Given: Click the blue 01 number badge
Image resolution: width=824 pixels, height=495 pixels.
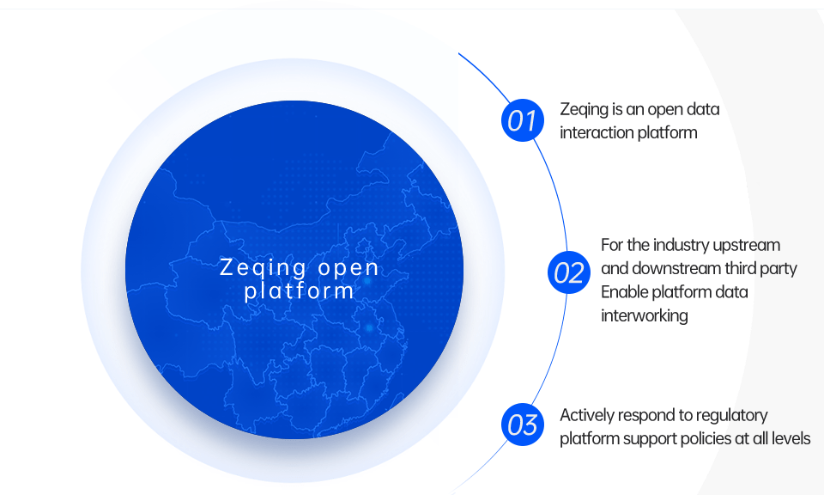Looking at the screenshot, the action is [x=523, y=120].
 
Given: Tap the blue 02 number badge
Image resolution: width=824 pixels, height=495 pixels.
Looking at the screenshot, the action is [x=568, y=272].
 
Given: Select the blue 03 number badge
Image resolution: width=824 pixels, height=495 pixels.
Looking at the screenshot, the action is [x=523, y=425].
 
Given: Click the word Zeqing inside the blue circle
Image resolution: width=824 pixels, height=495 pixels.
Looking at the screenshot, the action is [x=264, y=268].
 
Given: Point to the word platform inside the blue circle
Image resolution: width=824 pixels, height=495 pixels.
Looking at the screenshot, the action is [x=299, y=290].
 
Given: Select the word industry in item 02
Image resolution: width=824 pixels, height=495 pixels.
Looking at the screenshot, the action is [x=681, y=246].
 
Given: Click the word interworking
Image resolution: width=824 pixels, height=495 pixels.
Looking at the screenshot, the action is [x=645, y=316].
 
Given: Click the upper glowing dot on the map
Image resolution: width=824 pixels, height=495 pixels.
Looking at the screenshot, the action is [x=367, y=281].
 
